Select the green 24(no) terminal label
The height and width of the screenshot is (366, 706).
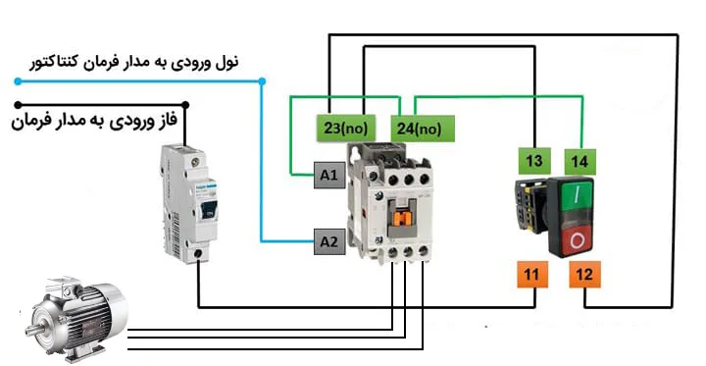[x=419, y=128]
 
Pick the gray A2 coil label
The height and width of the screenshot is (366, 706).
[x=328, y=240]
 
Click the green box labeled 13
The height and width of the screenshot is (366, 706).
[x=534, y=161]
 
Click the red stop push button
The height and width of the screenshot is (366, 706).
[x=580, y=239]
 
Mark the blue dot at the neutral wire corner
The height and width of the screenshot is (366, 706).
[x=262, y=80]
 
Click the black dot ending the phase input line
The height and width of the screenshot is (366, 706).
[x=183, y=103]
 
